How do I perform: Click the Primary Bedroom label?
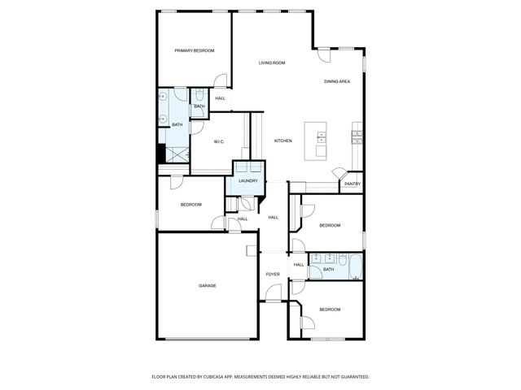coord(195,51)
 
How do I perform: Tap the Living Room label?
coord(272,63)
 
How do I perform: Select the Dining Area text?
coord(337,81)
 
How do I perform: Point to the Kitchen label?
coord(282,141)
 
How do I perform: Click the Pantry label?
coord(352,184)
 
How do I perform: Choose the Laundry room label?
coord(248,181)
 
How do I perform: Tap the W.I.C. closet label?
coord(219,142)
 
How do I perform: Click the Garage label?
coord(208,285)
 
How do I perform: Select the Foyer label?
coord(273,275)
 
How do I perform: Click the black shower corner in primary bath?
coord(160,154)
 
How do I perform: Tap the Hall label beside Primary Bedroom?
coord(221,99)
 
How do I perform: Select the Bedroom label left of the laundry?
coord(190,205)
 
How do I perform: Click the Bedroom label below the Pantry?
coord(329,225)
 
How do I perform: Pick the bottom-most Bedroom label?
coord(329,310)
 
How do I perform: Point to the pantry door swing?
coord(339,174)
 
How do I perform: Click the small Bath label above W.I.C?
coord(199,106)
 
